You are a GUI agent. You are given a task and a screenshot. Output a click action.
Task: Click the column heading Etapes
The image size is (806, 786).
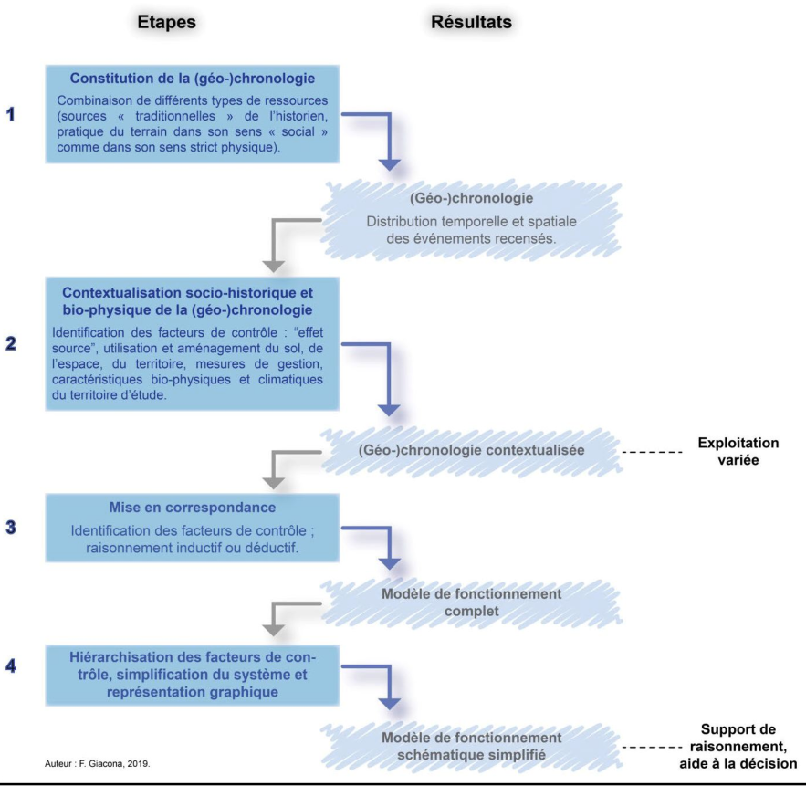(166, 22)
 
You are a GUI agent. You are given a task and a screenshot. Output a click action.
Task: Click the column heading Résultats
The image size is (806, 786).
(471, 22)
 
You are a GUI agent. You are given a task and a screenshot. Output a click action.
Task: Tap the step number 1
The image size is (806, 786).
(10, 114)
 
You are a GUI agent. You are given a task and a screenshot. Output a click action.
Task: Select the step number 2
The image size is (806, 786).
(10, 343)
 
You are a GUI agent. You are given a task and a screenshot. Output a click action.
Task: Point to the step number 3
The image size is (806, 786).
(10, 527)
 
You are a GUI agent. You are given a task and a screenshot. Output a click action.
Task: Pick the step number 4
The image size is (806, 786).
(10, 666)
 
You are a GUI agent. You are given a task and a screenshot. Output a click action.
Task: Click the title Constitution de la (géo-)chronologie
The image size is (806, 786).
(193, 79)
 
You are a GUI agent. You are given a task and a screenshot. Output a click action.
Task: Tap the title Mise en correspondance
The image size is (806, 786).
(193, 508)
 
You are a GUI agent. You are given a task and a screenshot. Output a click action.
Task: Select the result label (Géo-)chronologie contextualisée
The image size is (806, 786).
(471, 450)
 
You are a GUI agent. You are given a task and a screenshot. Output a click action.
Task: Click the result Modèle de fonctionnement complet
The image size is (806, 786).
(471, 603)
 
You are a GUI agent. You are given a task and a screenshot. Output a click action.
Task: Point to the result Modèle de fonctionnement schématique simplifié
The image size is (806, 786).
(471, 747)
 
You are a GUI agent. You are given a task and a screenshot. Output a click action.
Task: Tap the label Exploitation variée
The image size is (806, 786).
(738, 451)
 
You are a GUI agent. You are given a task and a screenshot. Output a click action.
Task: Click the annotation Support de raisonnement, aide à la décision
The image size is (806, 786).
(738, 747)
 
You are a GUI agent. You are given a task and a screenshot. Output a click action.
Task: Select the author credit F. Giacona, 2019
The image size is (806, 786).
(97, 764)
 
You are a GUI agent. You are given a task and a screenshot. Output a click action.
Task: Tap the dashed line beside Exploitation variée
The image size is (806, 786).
(652, 453)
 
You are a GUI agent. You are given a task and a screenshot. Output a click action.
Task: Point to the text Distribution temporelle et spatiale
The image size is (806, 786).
(471, 222)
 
